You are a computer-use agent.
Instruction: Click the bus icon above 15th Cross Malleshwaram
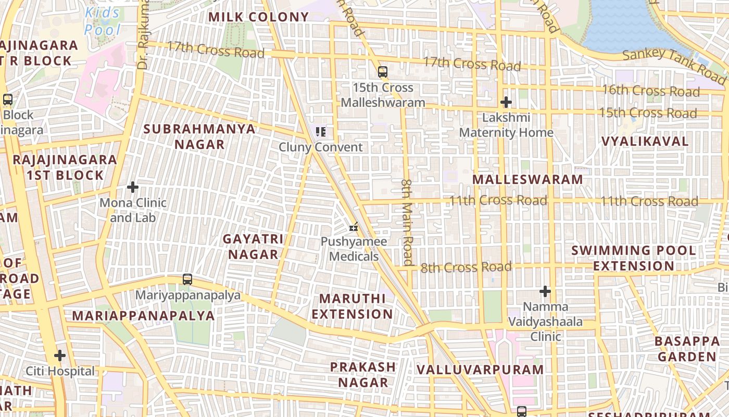[x=383, y=72]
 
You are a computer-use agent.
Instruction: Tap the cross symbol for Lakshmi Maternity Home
[x=506, y=102]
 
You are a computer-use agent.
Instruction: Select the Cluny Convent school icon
[x=321, y=132]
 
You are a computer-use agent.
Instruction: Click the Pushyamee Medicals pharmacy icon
[x=354, y=227]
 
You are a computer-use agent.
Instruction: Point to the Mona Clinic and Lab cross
[x=133, y=187]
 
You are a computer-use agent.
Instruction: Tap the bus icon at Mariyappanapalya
[x=187, y=279]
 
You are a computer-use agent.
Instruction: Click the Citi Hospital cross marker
[x=60, y=356]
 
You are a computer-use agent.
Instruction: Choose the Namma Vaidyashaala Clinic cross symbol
[x=545, y=291]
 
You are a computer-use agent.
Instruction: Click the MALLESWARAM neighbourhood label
[x=527, y=179]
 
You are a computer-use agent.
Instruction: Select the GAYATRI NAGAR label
[x=254, y=247]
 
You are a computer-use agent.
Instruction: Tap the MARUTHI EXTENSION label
[x=353, y=306]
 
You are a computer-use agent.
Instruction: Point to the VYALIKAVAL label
[x=645, y=141]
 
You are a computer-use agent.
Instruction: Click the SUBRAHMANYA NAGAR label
[x=199, y=137]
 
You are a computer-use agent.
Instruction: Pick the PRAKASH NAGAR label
[x=363, y=374]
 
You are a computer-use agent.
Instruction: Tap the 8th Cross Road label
[x=466, y=267]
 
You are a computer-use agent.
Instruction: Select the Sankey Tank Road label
[x=674, y=65]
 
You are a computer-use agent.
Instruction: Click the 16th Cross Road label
[x=651, y=91]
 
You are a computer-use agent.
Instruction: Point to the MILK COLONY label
[x=259, y=17]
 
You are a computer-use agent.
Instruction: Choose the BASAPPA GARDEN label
[x=687, y=349]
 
